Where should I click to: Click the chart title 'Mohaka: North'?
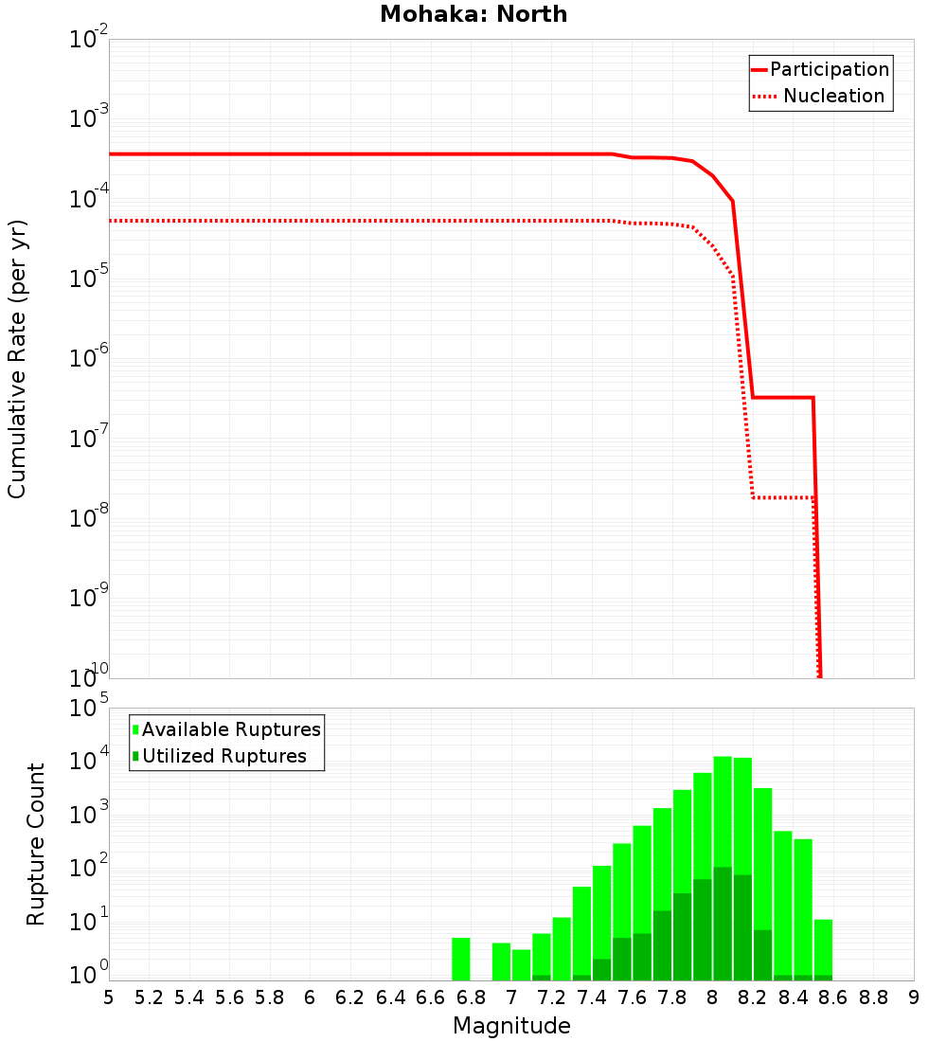coord(473,15)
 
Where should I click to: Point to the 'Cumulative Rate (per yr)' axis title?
coord(17,359)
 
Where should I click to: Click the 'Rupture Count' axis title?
coord(36,844)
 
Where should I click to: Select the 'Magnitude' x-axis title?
coord(511,1026)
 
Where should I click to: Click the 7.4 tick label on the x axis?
coord(591,998)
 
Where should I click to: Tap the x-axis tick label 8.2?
coord(752,998)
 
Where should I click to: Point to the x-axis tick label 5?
coord(109,998)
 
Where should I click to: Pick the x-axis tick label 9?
coord(913,998)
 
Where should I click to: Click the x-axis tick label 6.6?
coord(430,998)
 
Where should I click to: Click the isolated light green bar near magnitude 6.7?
coord(460,959)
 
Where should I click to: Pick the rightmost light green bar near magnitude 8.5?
coord(823,947)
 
